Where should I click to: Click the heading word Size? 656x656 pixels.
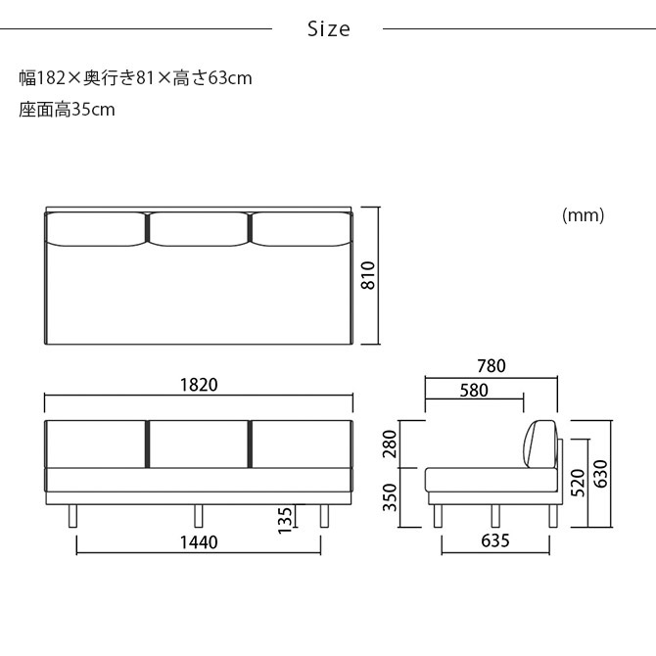[328, 29]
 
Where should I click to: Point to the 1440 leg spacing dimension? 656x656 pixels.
[199, 541]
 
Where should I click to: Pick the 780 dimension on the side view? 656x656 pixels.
[492, 366]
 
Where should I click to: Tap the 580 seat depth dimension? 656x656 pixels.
[474, 390]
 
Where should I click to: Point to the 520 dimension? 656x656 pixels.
[579, 480]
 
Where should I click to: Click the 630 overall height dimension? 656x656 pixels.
[601, 473]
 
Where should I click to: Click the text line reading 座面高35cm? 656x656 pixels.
[67, 110]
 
